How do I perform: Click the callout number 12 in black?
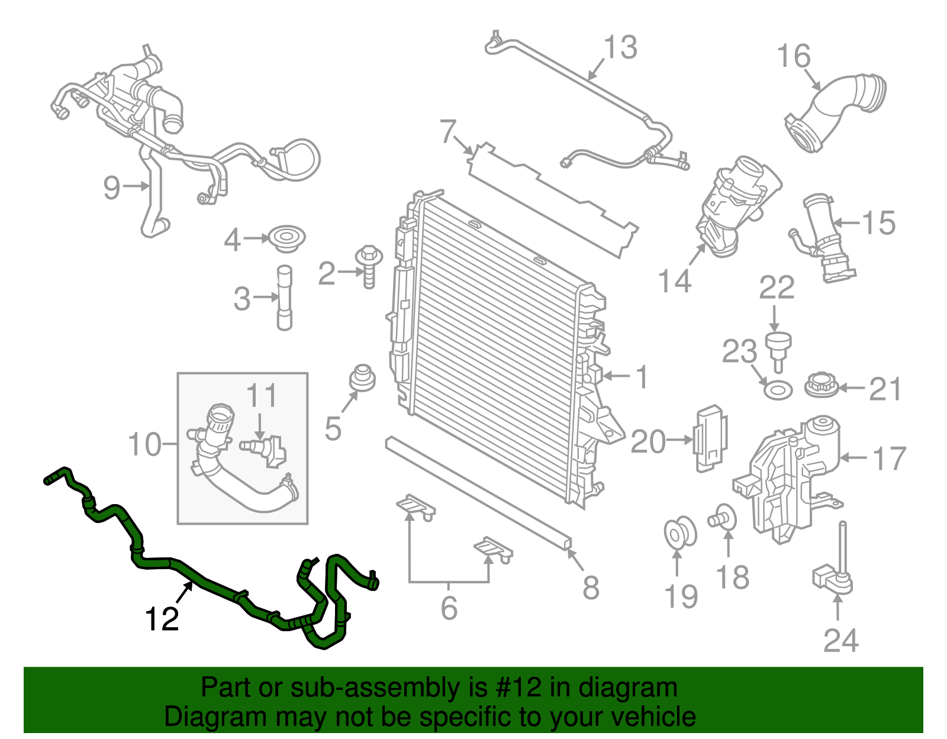[162, 619]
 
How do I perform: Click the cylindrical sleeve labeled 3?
[285, 298]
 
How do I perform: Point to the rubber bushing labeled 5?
[362, 379]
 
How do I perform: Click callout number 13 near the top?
[620, 47]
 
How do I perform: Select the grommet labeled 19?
[679, 532]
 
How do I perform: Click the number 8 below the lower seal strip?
[590, 588]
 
